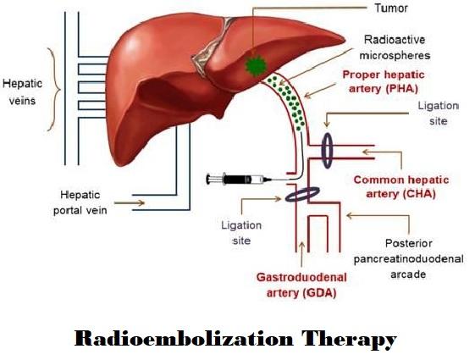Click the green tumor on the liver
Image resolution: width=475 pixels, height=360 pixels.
[x=256, y=65]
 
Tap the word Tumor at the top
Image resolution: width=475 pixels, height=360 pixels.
[x=391, y=8]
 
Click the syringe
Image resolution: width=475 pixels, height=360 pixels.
[x=239, y=180]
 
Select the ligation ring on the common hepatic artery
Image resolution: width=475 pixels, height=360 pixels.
[x=327, y=151]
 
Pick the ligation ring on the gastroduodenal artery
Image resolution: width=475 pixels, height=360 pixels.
[x=302, y=194]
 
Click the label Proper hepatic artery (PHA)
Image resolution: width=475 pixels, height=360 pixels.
[x=384, y=81]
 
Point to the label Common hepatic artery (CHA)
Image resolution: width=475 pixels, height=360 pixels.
[x=401, y=186]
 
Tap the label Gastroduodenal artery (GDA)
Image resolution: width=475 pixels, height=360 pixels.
[x=301, y=285]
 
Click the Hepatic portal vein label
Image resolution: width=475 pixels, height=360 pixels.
[x=80, y=202]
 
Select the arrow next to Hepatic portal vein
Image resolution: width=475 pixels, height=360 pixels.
[x=130, y=202]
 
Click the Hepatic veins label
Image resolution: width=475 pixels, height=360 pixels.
[x=22, y=91]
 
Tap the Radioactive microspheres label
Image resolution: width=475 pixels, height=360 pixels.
[x=395, y=47]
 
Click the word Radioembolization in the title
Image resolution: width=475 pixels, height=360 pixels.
[x=184, y=339]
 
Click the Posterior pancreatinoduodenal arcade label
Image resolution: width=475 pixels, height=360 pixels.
[x=408, y=259]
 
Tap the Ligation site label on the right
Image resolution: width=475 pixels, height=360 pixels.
[x=438, y=114]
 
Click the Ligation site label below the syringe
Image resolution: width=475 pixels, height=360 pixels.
[x=241, y=233]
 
